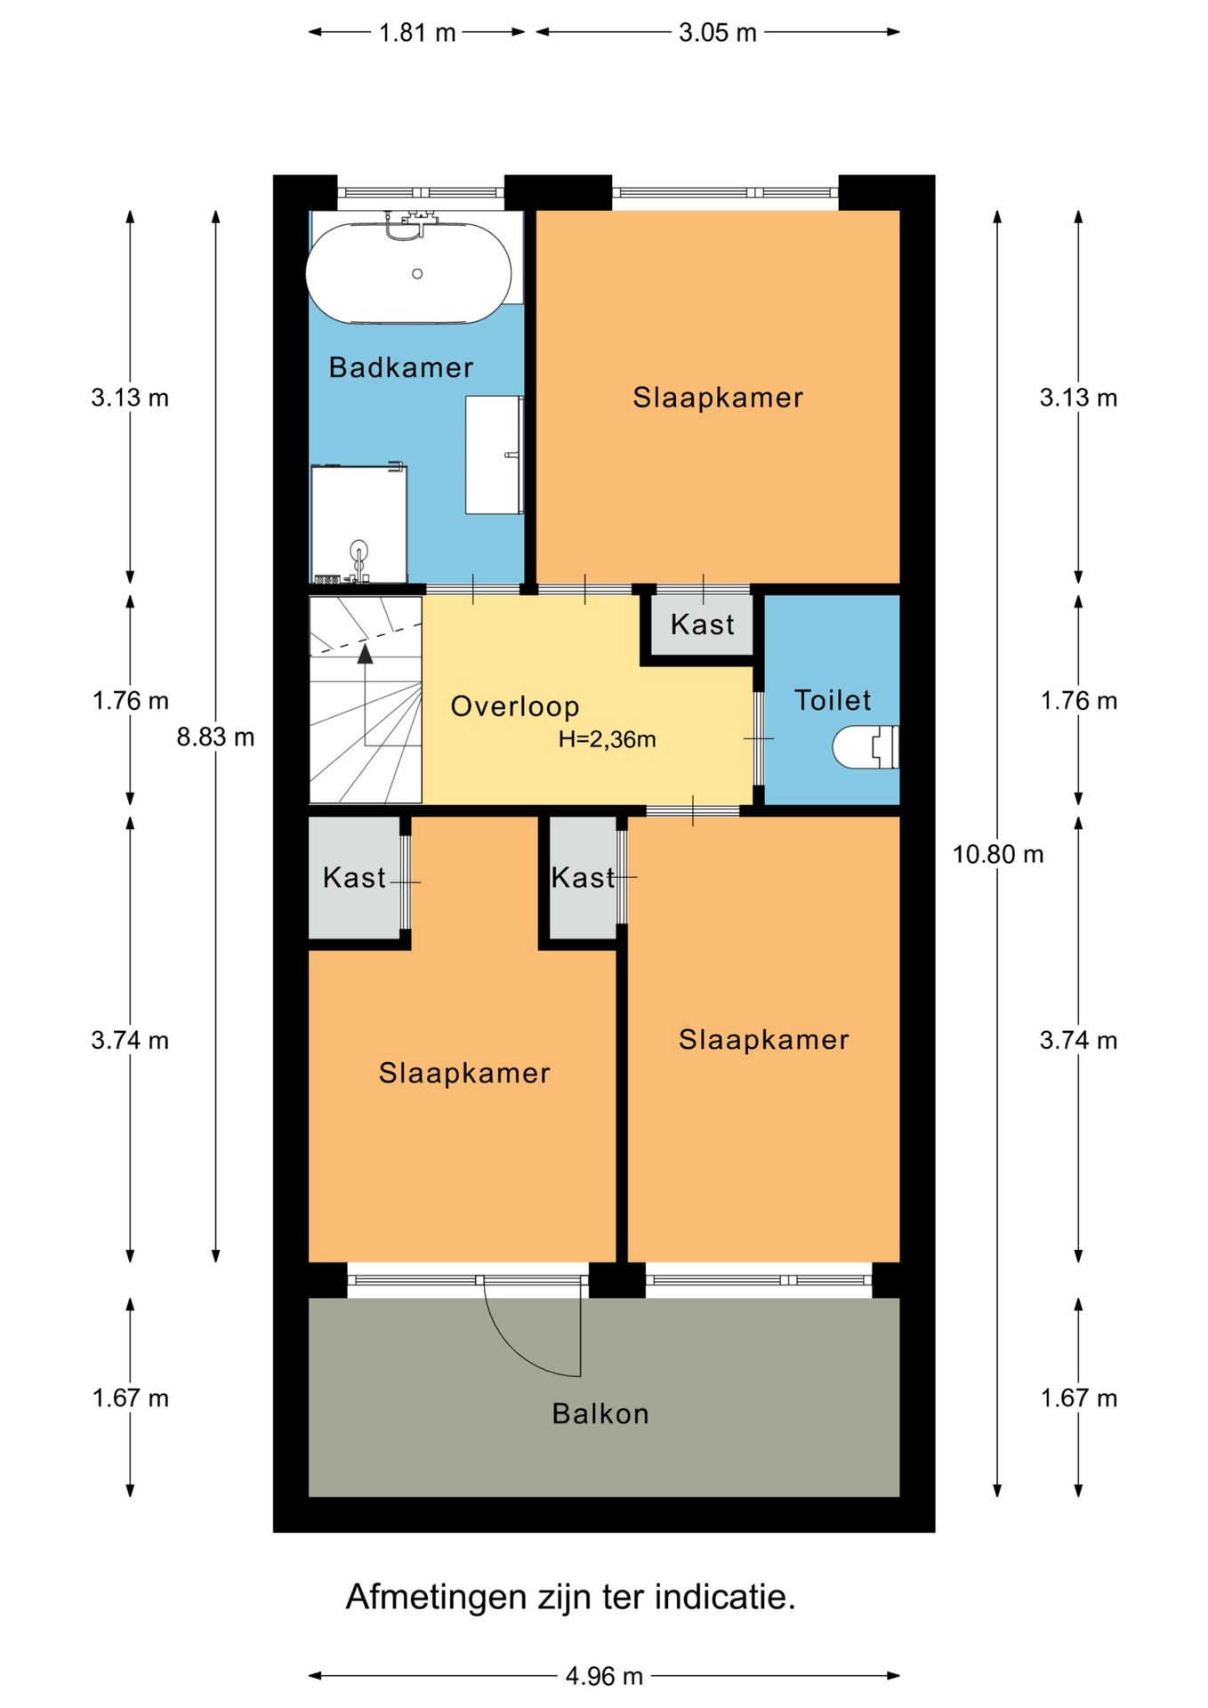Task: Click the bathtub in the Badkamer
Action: (x=408, y=273)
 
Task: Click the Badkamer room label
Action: (x=400, y=367)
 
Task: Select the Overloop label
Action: (x=515, y=706)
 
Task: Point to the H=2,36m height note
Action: (x=607, y=739)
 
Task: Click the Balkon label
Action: (x=600, y=1414)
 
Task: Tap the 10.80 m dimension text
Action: (x=997, y=855)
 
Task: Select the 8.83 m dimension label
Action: (x=215, y=737)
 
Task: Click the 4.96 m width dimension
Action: (x=604, y=1676)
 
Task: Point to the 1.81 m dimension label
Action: (x=416, y=33)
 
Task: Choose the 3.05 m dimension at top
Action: (x=717, y=33)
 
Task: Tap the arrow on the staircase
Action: (x=365, y=654)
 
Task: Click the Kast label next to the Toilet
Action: (x=702, y=624)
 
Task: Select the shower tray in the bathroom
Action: (x=358, y=525)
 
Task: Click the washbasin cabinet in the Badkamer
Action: (x=493, y=455)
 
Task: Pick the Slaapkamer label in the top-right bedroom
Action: (x=717, y=398)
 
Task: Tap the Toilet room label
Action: (x=832, y=700)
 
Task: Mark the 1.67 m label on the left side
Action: (x=130, y=1398)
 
